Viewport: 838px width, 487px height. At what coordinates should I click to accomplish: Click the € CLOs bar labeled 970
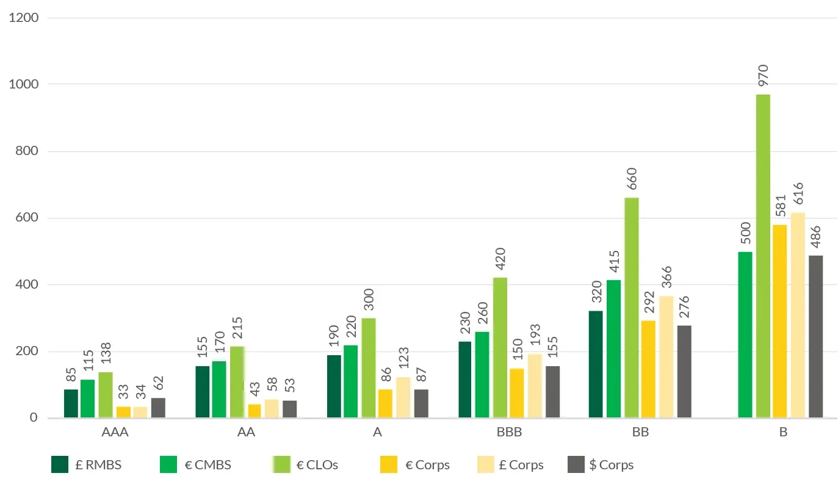(763, 256)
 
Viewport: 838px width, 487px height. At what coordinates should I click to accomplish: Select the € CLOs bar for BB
(631, 308)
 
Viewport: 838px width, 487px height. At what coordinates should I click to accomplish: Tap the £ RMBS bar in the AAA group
(71, 403)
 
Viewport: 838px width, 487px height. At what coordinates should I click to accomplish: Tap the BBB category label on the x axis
(508, 433)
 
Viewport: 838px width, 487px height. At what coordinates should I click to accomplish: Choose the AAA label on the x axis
(115, 433)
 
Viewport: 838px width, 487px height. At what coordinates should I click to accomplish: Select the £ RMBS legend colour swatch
(60, 465)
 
